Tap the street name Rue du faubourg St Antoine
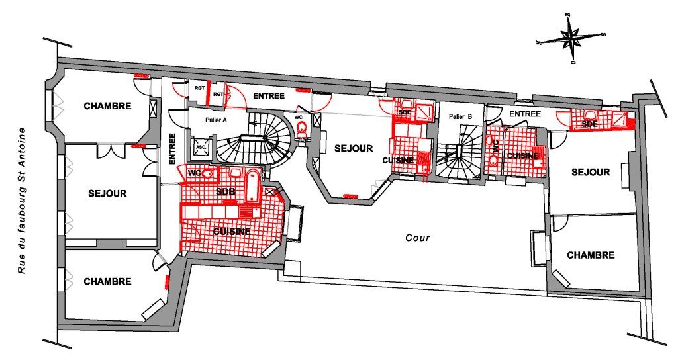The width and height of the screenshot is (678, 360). click(23, 202)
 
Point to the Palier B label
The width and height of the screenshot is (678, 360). click(460, 116)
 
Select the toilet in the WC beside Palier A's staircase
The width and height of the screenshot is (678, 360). click(302, 128)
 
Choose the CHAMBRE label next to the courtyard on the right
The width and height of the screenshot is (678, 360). click(591, 255)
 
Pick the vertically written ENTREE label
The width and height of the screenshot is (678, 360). click(171, 148)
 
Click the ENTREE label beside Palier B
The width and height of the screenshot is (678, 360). click(525, 114)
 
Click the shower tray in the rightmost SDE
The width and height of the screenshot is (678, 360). click(620, 120)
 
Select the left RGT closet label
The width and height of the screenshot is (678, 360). click(198, 87)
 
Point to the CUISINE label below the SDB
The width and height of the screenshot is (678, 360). click(231, 231)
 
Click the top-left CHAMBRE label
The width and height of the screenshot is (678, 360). click(107, 106)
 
